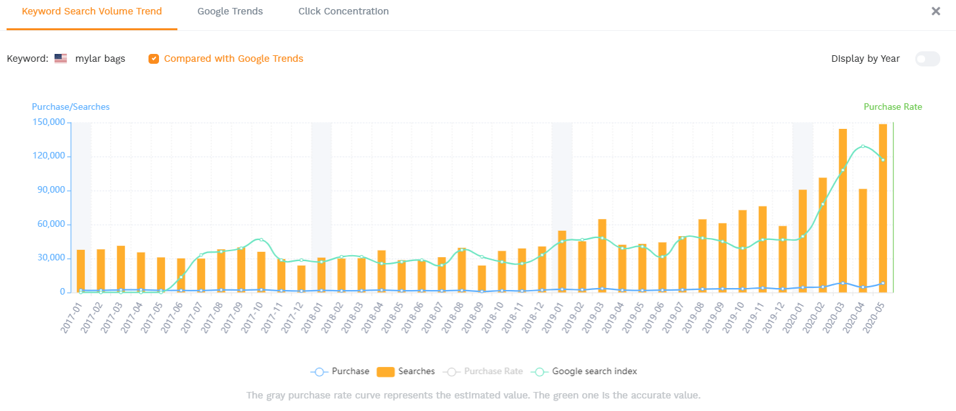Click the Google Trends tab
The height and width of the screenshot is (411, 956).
tap(230, 11)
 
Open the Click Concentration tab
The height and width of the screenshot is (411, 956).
tap(343, 11)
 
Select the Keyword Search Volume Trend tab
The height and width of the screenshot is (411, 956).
tap(92, 11)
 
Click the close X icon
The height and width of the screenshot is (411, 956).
tap(936, 11)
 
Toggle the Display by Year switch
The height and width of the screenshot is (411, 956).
tap(928, 59)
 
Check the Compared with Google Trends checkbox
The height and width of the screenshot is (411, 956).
tap(153, 59)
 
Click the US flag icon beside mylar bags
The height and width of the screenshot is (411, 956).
tap(61, 59)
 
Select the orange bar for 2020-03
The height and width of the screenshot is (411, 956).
tap(843, 210)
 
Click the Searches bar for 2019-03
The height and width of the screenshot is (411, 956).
tap(602, 256)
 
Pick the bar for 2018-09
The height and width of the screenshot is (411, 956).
tap(482, 279)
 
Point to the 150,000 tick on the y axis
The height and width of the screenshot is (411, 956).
tap(49, 122)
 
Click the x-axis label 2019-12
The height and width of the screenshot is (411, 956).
tap(775, 318)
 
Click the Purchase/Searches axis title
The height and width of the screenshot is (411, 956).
tap(71, 107)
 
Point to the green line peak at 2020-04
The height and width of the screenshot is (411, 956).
tap(863, 147)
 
